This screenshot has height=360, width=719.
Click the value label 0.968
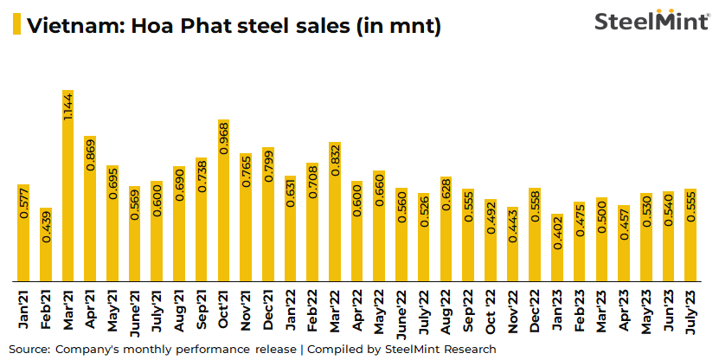tap(223, 139)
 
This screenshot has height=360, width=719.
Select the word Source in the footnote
tap(28, 349)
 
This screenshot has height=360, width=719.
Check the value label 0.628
tap(446, 199)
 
